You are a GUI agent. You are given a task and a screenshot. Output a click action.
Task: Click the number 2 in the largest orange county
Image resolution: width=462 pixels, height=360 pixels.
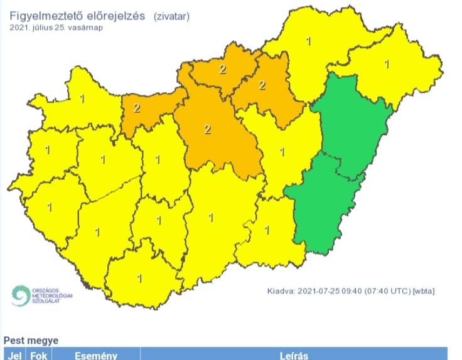coord(208,130)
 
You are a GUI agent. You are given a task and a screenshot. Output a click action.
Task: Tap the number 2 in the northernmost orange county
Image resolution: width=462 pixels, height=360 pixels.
coord(222,69)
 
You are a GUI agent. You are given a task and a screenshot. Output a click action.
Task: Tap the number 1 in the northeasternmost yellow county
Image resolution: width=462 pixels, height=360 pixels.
coord(387,63)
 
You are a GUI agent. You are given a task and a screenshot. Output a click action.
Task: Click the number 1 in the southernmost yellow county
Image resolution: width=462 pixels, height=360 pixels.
coord(139,277)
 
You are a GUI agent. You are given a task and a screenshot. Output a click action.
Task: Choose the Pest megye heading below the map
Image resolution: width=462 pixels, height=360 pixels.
coord(31,341)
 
